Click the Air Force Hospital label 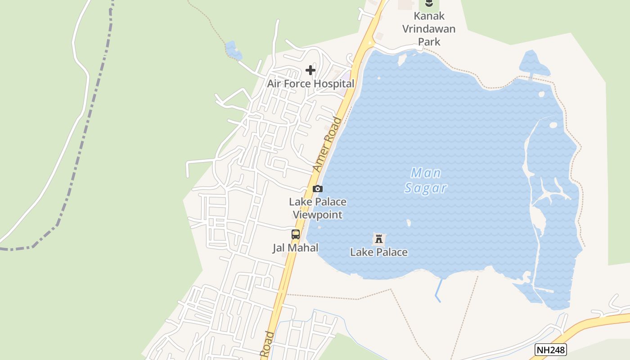point(310,84)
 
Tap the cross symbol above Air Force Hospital point(310,70)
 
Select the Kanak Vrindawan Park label point(429,29)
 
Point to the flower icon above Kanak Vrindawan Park point(429,4)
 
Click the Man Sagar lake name point(426,180)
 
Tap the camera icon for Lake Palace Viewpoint point(318,189)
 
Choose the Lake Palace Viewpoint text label point(318,208)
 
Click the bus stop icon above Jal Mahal point(296,234)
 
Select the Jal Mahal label point(295,247)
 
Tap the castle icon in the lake point(379,238)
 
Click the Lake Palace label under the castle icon point(379,252)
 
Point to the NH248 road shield point(551,350)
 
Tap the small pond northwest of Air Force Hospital point(233,50)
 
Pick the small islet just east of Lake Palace point(409,223)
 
